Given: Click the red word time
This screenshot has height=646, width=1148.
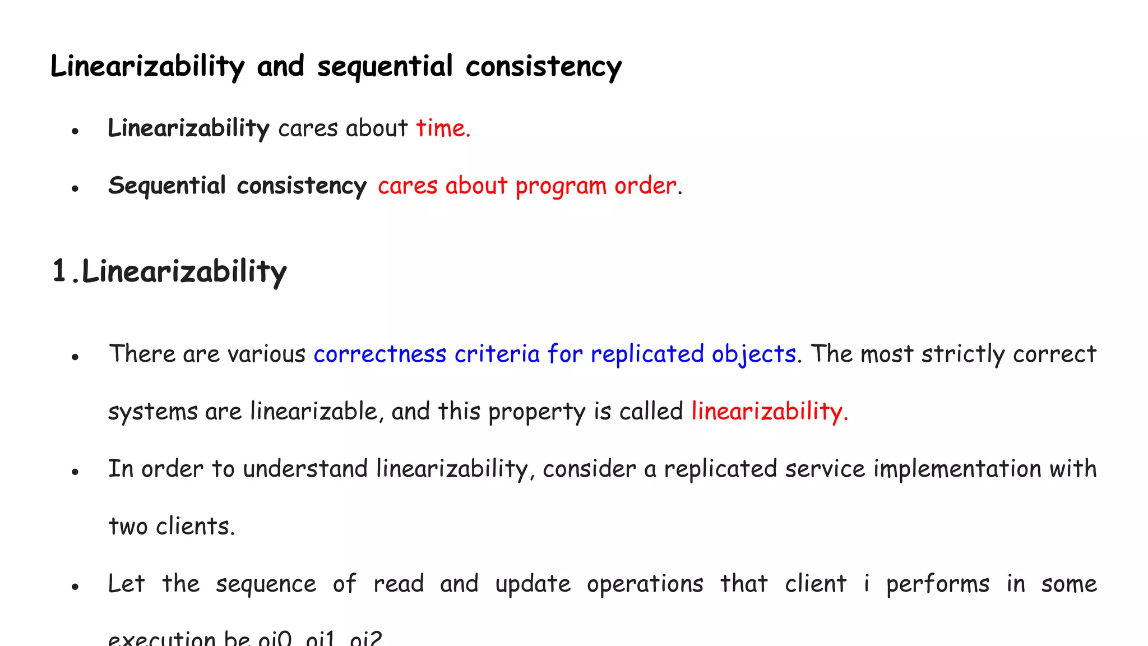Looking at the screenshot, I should pyautogui.click(x=442, y=128).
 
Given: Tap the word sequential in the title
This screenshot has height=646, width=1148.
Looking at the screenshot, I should pyautogui.click(x=385, y=67).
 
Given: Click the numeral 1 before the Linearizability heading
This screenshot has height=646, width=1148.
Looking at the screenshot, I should pyautogui.click(x=59, y=271).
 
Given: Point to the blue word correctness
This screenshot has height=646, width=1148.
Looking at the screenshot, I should pyautogui.click(x=379, y=354).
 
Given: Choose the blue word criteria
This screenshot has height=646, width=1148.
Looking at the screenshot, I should pyautogui.click(x=497, y=354).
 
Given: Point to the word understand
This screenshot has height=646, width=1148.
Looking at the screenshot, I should pyautogui.click(x=305, y=469).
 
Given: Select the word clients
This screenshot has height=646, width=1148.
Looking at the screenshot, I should pyautogui.click(x=195, y=526).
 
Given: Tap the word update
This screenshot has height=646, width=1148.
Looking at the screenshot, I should pyautogui.click(x=533, y=584).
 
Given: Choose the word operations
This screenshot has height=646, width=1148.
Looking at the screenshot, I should pyautogui.click(x=645, y=584).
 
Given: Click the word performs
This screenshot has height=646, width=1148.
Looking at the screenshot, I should pyautogui.click(x=937, y=584).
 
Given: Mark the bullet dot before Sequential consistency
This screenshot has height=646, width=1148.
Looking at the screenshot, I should pyautogui.click(x=75, y=189).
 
